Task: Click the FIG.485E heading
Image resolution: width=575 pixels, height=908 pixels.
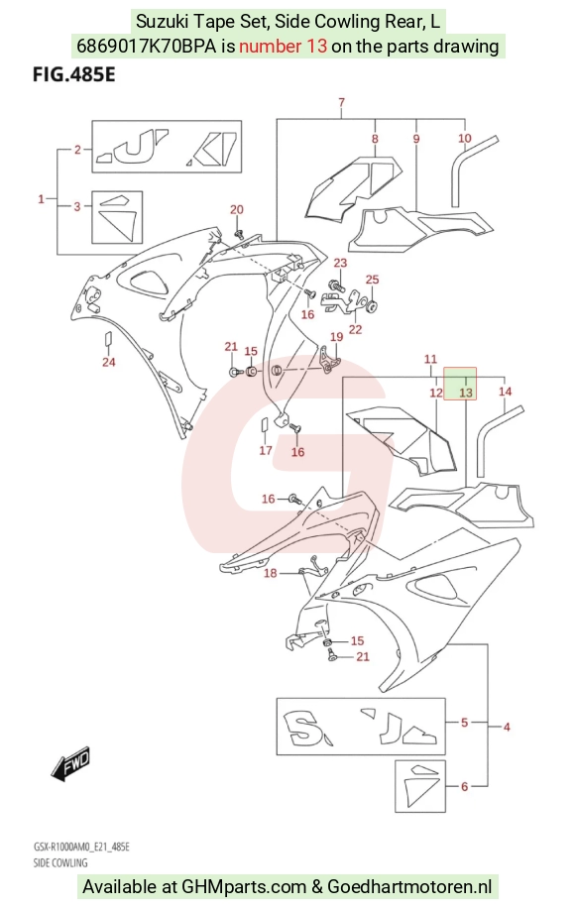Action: click(74, 74)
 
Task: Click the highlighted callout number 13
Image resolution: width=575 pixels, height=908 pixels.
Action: click(466, 393)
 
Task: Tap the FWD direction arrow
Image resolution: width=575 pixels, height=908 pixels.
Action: click(71, 761)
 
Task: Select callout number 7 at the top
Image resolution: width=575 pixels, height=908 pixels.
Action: click(342, 102)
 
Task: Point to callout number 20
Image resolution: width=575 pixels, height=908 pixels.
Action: click(237, 209)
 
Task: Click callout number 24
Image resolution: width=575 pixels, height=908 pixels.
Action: click(109, 362)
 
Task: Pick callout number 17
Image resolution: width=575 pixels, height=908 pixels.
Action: click(266, 450)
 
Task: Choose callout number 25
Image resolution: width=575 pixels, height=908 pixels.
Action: click(373, 280)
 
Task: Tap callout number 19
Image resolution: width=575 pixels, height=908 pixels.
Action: click(336, 337)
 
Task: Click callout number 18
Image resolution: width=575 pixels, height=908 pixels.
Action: click(271, 573)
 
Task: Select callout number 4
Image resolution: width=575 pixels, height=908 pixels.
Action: click(507, 727)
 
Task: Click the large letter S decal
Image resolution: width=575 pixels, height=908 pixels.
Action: click(302, 729)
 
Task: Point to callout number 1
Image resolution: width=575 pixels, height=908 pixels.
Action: click(41, 199)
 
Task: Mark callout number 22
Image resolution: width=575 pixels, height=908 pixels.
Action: click(356, 329)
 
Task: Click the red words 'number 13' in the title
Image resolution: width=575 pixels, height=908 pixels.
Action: click(284, 46)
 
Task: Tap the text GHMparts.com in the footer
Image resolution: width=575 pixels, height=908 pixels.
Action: click(244, 886)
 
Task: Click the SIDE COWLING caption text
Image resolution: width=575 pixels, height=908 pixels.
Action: click(60, 862)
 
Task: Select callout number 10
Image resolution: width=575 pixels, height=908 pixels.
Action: click(465, 138)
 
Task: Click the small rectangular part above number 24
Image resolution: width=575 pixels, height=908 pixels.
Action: click(108, 340)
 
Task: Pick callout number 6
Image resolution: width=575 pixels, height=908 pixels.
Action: click(464, 786)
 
